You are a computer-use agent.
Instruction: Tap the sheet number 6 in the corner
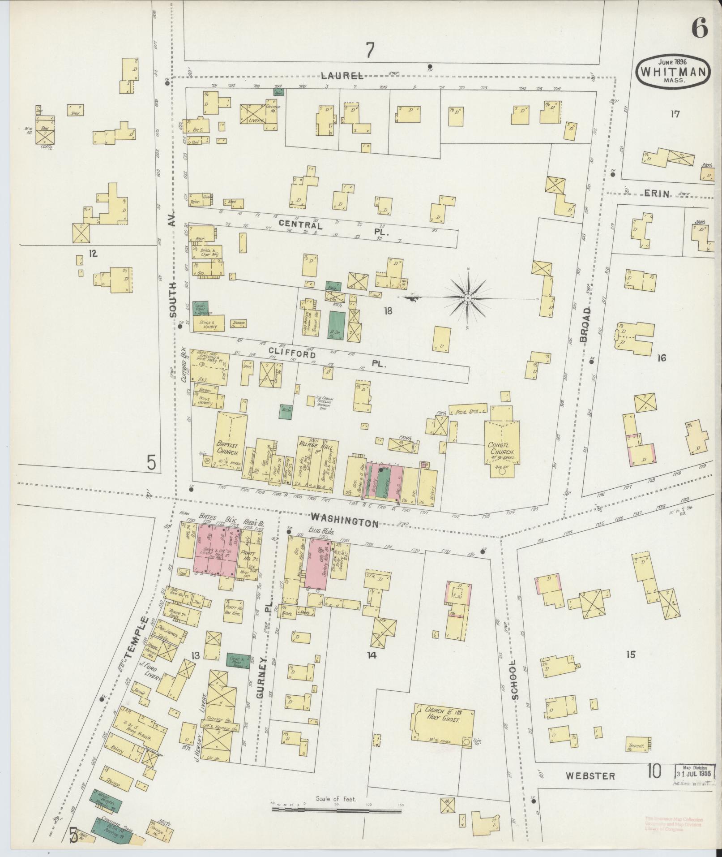click(x=700, y=30)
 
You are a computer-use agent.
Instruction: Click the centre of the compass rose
click(x=467, y=297)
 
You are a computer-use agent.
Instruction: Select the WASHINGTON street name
click(x=345, y=520)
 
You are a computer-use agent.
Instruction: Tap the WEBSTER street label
click(x=590, y=775)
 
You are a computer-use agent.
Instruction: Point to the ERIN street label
click(x=657, y=194)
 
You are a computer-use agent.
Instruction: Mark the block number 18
click(x=388, y=310)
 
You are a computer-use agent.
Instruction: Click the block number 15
click(x=630, y=655)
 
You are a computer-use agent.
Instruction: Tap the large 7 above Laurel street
click(x=369, y=50)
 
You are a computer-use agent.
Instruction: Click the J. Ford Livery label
click(x=150, y=672)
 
